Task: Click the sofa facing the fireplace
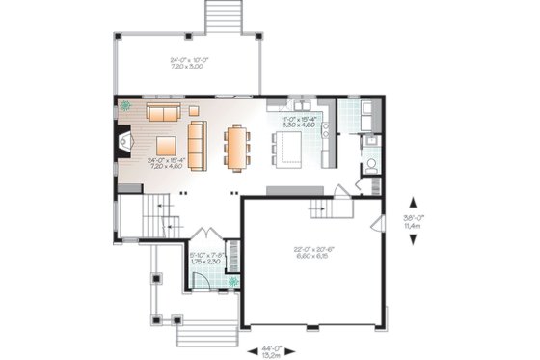click(x=196, y=144)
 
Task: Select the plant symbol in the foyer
click(x=232, y=283)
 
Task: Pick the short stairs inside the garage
click(x=337, y=208)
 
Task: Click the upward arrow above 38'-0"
click(x=413, y=202)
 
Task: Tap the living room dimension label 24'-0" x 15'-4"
click(x=165, y=163)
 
